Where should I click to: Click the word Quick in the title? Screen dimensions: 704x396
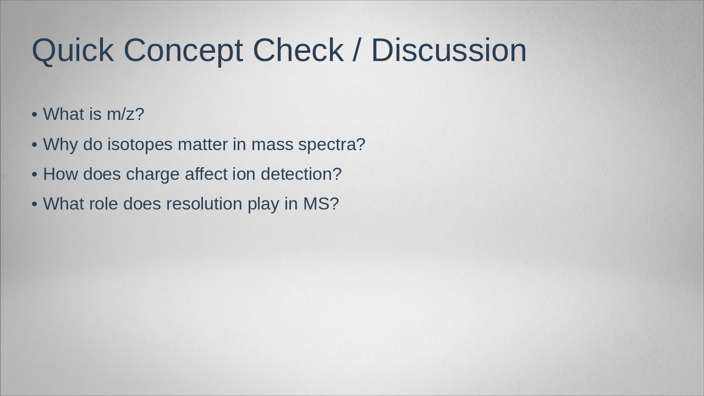click(x=73, y=50)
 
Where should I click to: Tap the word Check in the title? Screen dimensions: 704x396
click(x=298, y=50)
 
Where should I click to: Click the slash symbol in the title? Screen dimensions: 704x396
click(x=356, y=50)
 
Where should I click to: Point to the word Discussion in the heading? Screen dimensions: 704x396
click(x=449, y=50)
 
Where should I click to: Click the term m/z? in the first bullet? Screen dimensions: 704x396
click(x=125, y=114)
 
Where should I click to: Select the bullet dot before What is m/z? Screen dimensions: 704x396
click(x=35, y=115)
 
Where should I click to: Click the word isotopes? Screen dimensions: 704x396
click(x=140, y=145)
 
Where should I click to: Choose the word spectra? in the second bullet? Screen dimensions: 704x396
click(x=332, y=145)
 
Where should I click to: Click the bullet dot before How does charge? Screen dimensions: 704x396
click(x=35, y=174)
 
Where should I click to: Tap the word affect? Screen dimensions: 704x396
click(x=206, y=174)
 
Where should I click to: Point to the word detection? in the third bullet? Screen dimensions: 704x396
click(x=301, y=174)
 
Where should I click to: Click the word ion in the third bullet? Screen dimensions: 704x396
click(x=244, y=174)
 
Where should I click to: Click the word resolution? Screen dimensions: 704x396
click(x=204, y=204)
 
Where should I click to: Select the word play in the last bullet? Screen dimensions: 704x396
click(x=263, y=204)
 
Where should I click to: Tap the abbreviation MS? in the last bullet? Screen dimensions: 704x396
click(x=321, y=204)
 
